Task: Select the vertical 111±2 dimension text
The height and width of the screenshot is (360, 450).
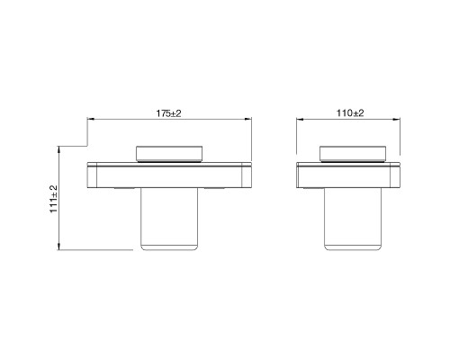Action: pyautogui.click(x=53, y=198)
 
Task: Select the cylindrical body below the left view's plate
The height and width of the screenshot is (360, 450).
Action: pyautogui.click(x=168, y=220)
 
